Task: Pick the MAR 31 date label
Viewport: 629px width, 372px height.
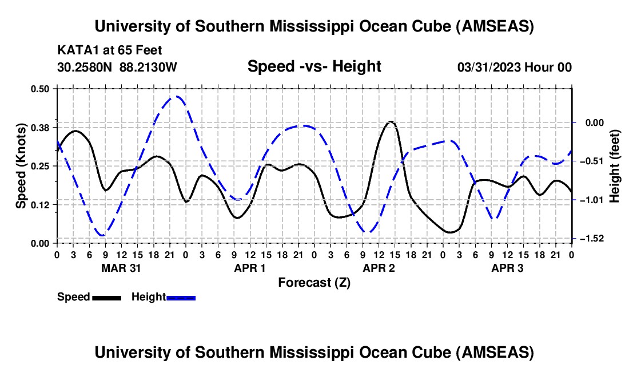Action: point(121,267)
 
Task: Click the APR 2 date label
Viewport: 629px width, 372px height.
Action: point(379,267)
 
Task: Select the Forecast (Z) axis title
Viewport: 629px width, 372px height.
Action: point(314,282)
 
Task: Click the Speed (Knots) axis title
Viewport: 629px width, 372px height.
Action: point(21,165)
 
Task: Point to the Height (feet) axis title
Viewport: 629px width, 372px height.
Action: point(615,165)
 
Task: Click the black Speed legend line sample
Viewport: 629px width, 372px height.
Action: point(106,298)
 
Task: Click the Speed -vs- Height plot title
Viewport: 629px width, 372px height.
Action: point(314,66)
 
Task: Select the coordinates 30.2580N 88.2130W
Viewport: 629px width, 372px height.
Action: point(117,67)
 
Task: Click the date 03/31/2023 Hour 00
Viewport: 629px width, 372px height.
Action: point(514,67)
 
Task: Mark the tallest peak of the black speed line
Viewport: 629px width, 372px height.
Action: point(391,121)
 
